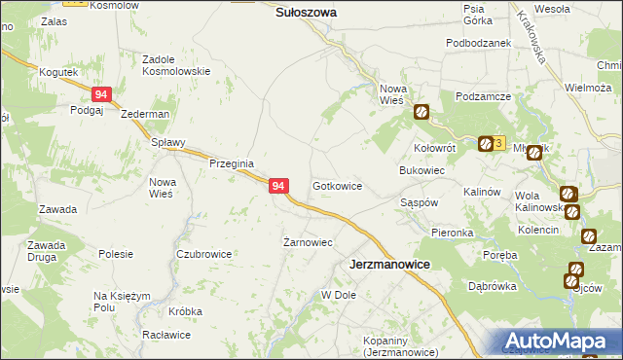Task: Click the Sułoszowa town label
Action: tap(306, 13)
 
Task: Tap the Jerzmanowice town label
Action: tap(389, 264)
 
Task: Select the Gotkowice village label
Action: tap(337, 185)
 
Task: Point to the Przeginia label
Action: tap(232, 163)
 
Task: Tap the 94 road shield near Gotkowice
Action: tap(278, 185)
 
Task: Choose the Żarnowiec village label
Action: tap(308, 242)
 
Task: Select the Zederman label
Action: tap(145, 114)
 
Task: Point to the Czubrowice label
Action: tap(203, 254)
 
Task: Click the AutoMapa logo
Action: tap(561, 342)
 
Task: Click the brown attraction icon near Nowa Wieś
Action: tap(421, 112)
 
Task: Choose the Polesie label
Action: tap(116, 253)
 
